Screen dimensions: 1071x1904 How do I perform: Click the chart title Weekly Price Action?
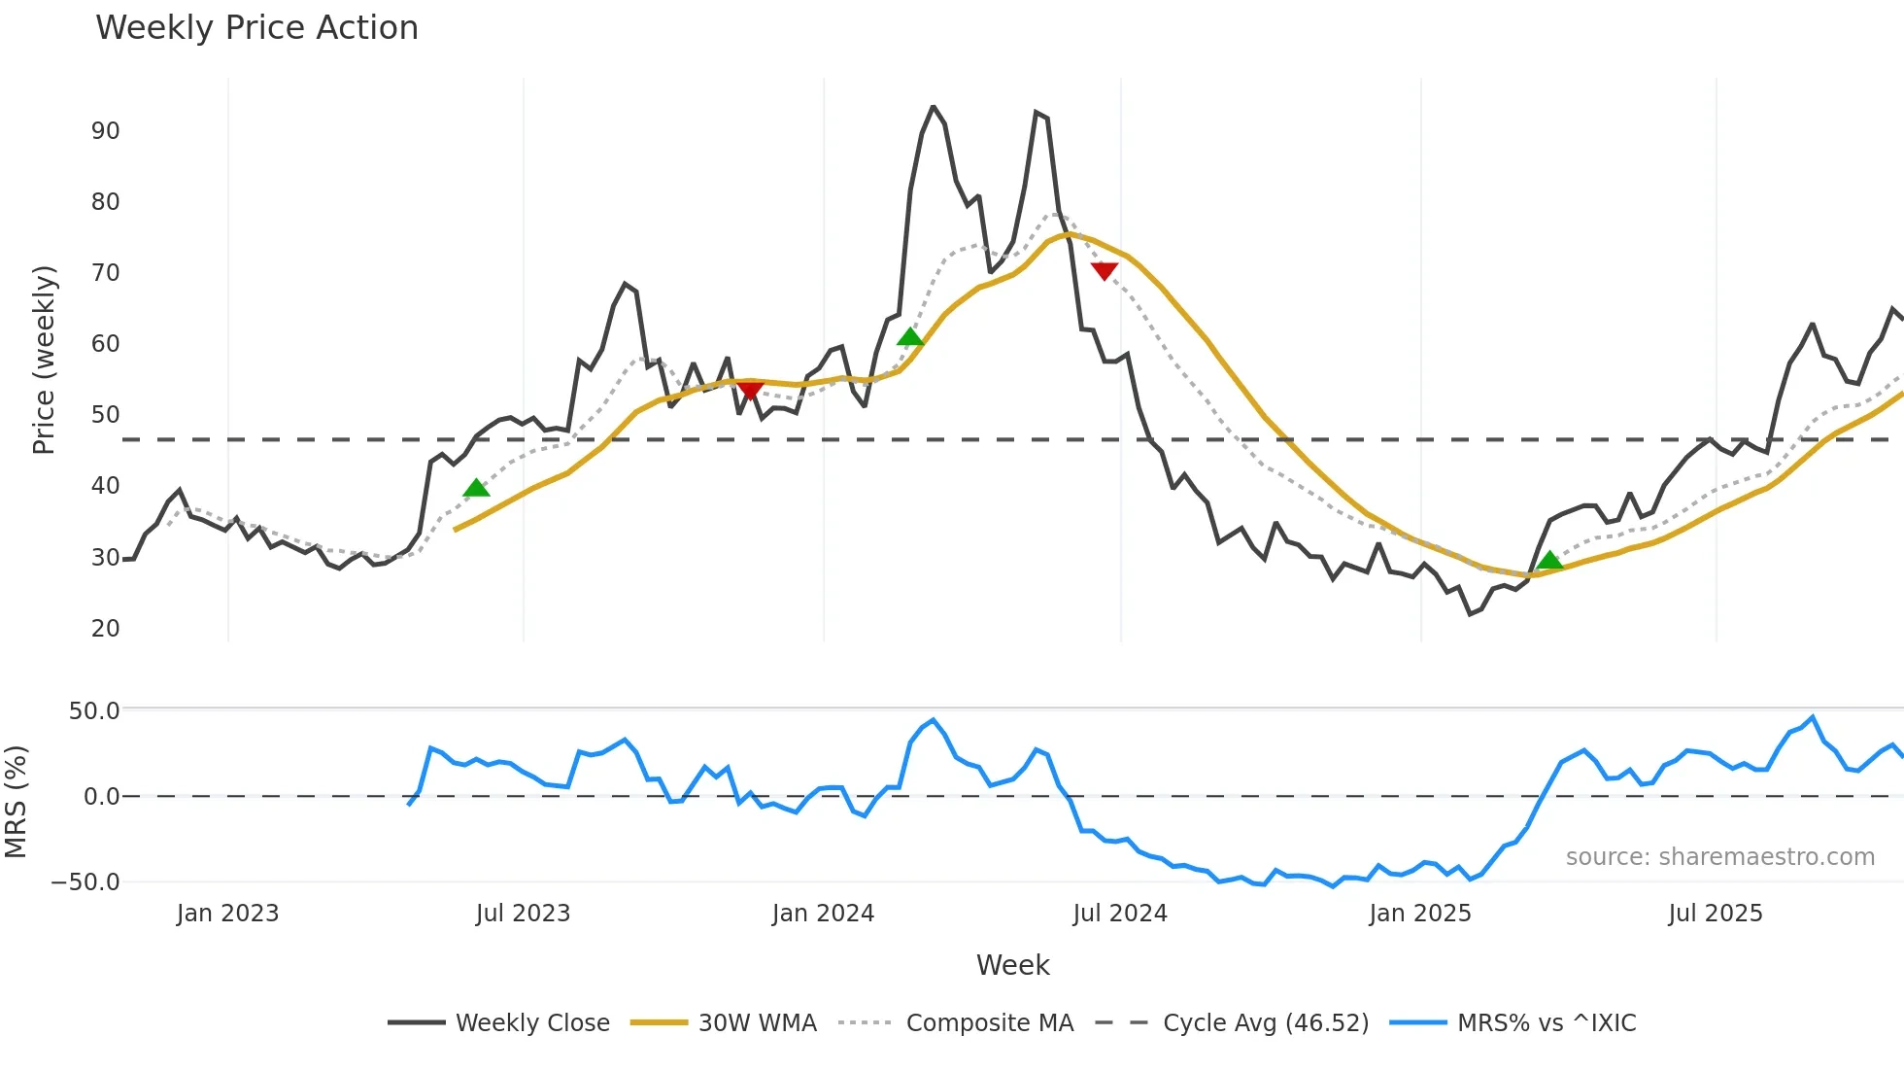pos(256,28)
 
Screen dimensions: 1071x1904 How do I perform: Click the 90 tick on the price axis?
pos(105,131)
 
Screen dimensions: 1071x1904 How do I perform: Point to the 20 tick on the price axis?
pos(105,629)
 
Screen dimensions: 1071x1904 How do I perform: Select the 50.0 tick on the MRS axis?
pos(94,711)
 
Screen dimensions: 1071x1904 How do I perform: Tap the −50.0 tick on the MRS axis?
pos(85,882)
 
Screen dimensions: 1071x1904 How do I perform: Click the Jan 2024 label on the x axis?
pos(823,914)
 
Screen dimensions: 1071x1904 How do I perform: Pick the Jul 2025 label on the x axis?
pos(1715,914)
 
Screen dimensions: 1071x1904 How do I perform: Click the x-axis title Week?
pos(1012,965)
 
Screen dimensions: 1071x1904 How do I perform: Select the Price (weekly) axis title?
pos(45,360)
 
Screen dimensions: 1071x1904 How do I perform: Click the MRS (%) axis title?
pos(17,802)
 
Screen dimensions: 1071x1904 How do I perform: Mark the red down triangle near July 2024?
pos(1104,271)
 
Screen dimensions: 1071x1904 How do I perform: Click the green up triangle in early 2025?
pos(1550,560)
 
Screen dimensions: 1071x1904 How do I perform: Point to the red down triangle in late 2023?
pos(750,391)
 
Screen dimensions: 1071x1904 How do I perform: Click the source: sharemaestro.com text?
pos(1719,857)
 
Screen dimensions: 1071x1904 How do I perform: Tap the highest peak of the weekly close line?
pos(933,107)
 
